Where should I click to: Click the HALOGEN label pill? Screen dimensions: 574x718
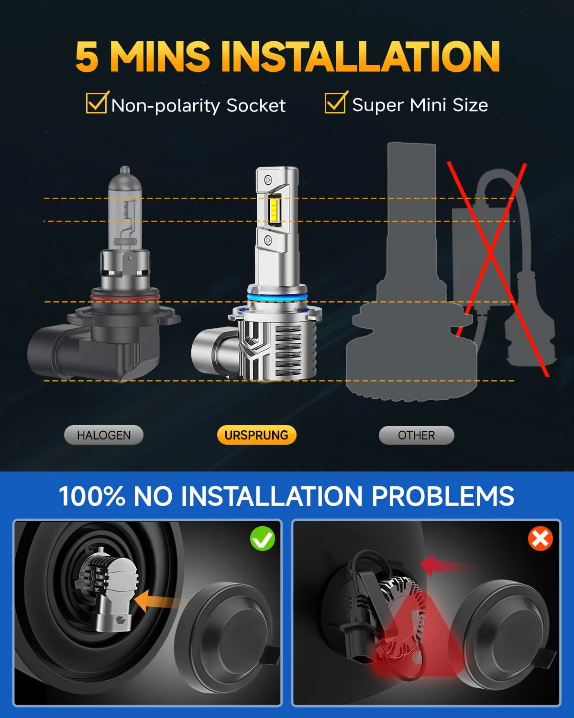pos(104,435)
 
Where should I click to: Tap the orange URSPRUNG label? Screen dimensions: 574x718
pos(256,435)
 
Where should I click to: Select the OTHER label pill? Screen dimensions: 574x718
pos(416,436)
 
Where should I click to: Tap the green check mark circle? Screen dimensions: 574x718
pos(263,538)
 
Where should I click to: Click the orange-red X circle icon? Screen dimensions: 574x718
pos(540,538)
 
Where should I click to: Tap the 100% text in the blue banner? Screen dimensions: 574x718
pos(92,496)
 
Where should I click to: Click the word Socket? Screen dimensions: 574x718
pos(256,105)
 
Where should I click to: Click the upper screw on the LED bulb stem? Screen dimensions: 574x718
pos(268,180)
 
